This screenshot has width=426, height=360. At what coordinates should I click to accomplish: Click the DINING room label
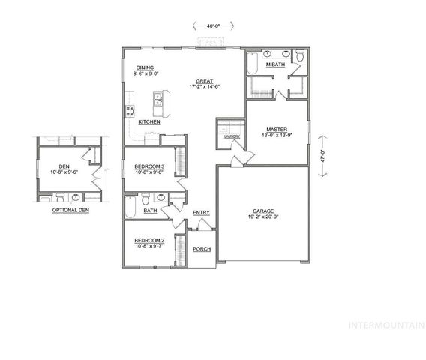(145, 67)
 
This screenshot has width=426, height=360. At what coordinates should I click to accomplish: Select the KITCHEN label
(148, 121)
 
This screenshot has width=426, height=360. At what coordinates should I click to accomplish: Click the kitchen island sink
(158, 98)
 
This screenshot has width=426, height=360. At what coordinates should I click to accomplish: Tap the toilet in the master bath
(300, 55)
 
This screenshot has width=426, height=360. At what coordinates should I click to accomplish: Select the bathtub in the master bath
(253, 61)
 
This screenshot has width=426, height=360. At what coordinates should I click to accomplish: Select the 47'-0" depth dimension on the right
(322, 156)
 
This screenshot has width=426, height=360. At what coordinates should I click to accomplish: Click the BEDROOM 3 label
(150, 166)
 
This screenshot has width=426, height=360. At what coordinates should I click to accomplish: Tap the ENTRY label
(201, 213)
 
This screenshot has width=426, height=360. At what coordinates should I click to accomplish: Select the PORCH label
(201, 249)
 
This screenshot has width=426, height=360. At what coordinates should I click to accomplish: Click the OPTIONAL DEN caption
(69, 211)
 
